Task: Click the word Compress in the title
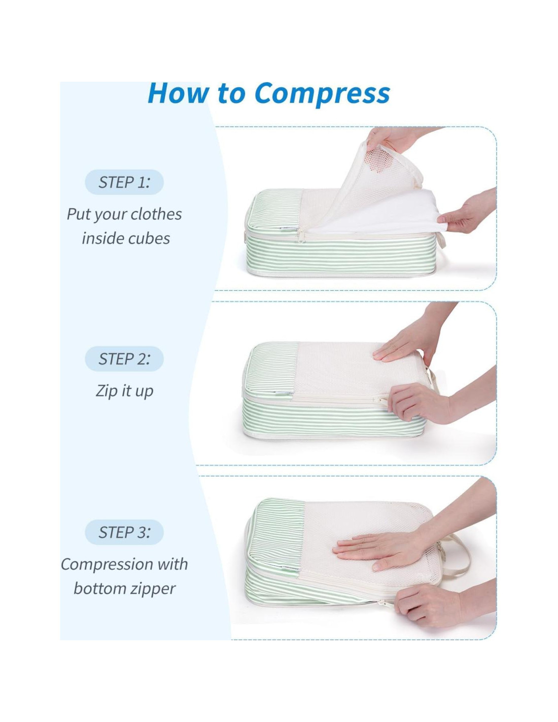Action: [322, 94]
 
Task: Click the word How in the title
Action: [178, 93]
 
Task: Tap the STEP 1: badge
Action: [124, 182]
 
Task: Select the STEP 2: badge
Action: [124, 359]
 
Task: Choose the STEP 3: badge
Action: [124, 532]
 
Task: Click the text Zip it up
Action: [124, 391]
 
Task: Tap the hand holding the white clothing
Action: [468, 211]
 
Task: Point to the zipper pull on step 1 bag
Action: [302, 235]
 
